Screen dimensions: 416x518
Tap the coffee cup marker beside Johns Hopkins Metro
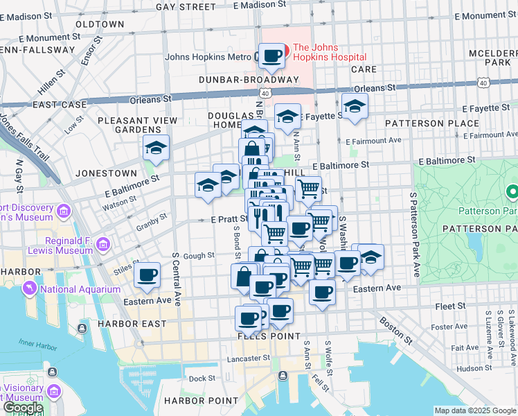coord(271,56)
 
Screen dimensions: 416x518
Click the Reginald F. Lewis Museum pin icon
coord(103,244)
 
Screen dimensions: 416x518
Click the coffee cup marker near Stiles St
coord(147,275)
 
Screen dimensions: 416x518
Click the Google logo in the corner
coord(22,408)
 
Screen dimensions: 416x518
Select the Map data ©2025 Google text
coord(474,410)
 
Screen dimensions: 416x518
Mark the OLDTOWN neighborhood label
coord(99,24)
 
